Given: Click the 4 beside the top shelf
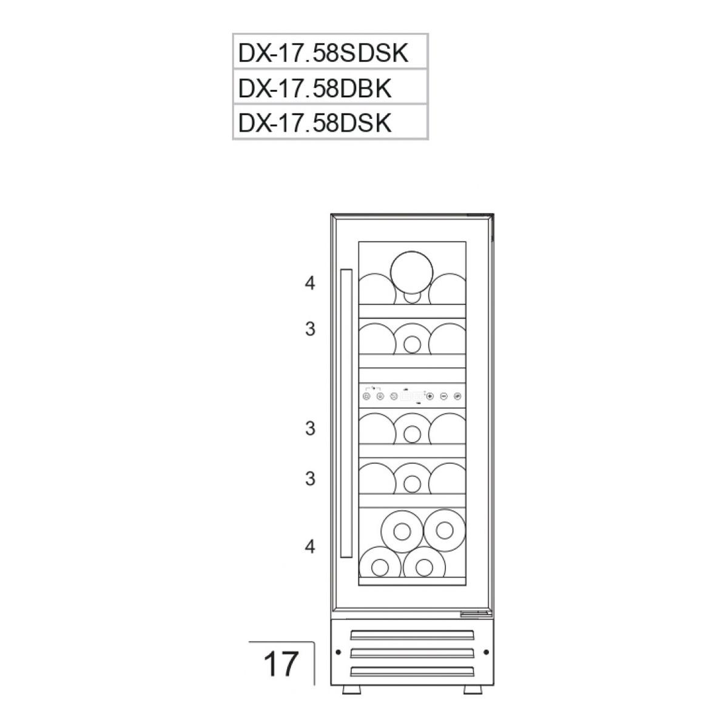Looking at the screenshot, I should click(x=311, y=283).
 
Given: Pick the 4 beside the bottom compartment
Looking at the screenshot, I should click(x=311, y=547).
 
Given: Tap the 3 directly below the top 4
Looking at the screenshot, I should click(x=311, y=329).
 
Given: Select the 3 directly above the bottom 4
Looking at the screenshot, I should click(x=311, y=479).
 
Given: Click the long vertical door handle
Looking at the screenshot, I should click(x=346, y=414).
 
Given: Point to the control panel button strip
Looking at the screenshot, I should click(x=412, y=396).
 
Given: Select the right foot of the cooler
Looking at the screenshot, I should click(x=472, y=690).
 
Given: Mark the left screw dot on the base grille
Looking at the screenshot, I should click(x=337, y=652).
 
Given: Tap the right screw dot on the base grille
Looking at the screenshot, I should click(x=486, y=652).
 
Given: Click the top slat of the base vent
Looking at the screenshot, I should click(x=412, y=635).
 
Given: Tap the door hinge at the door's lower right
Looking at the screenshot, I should click(x=475, y=614).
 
